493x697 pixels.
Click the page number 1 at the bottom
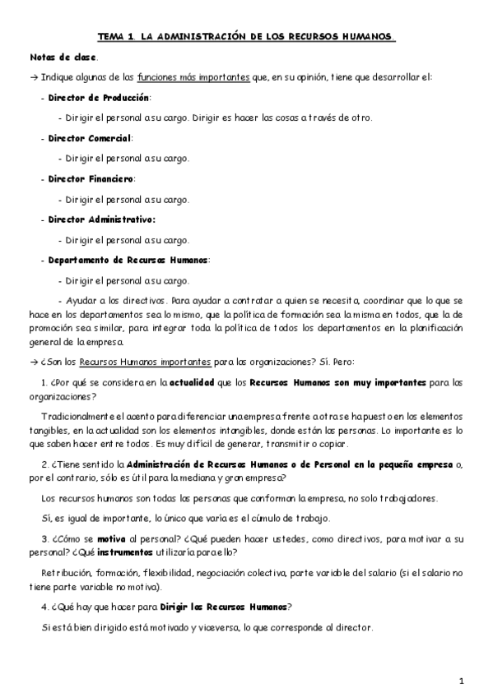tap(463, 681)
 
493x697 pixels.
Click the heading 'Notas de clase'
tap(63, 58)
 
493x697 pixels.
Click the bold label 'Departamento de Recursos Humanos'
tap(128, 260)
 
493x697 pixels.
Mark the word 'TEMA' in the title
tap(113, 37)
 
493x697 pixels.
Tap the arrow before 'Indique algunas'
tap(33, 77)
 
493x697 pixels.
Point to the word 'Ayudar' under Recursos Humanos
tap(79, 302)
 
